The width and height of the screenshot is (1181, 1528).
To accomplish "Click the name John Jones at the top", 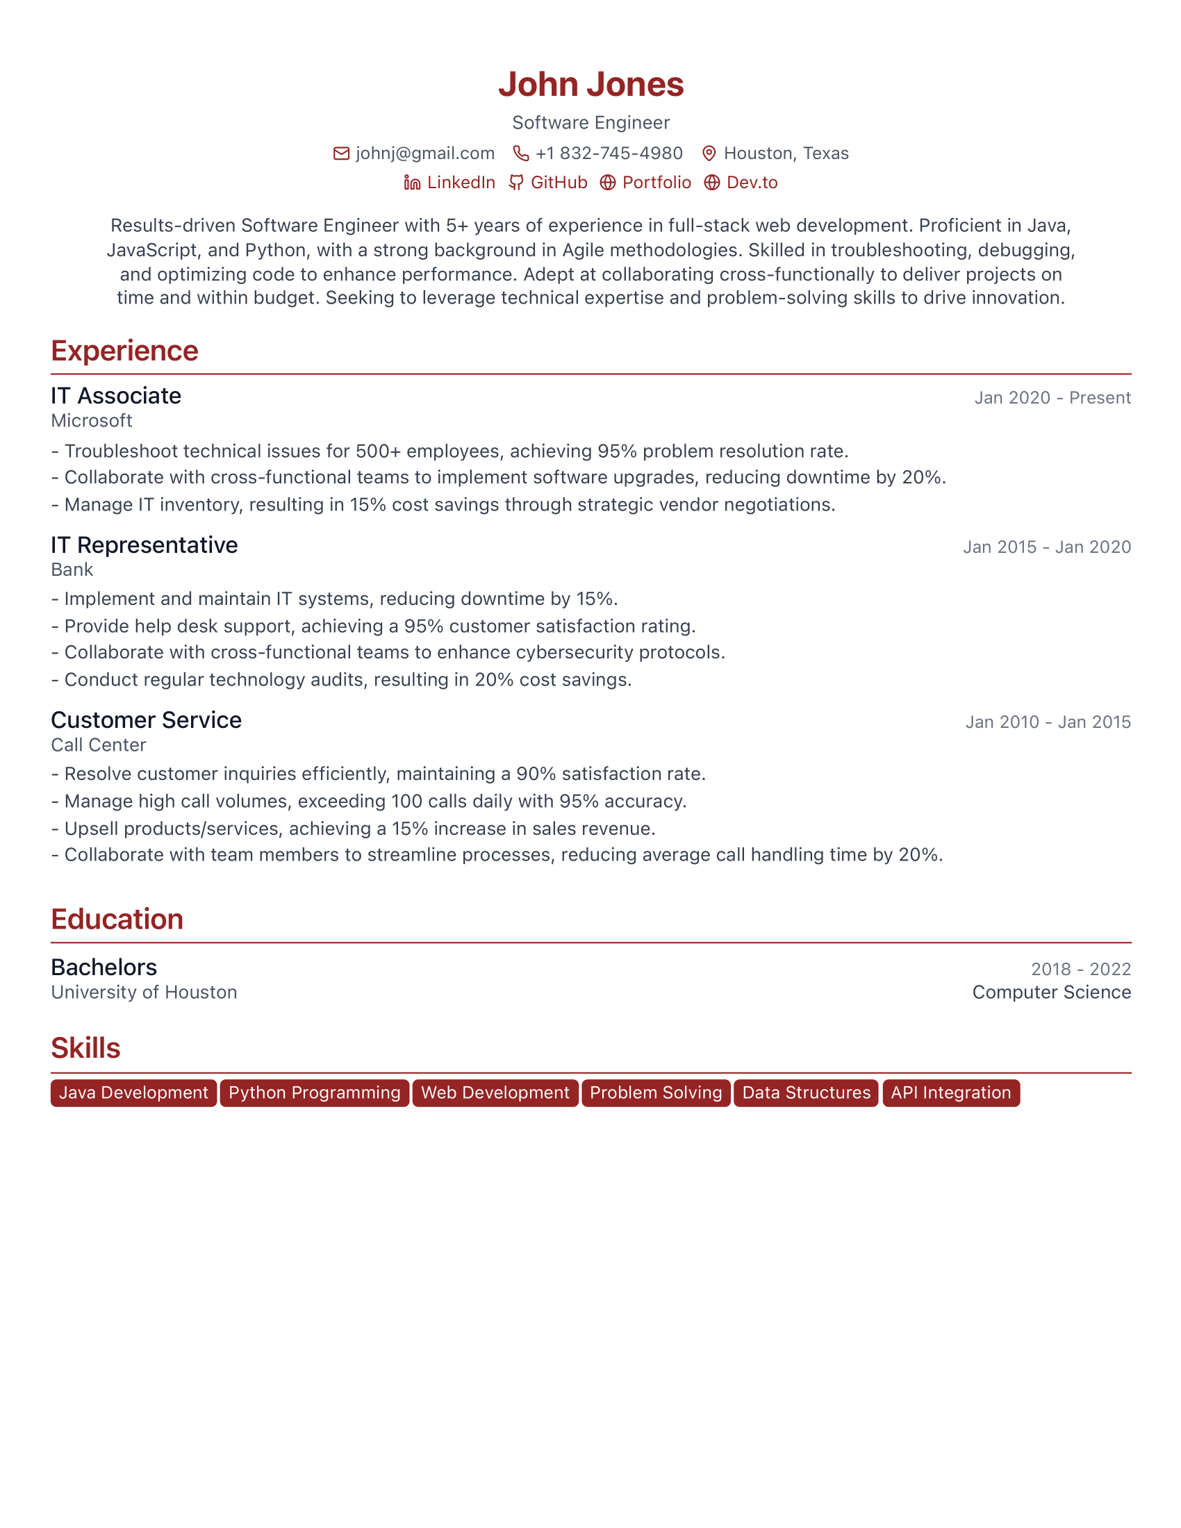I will pos(590,85).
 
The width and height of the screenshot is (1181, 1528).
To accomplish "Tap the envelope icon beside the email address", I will pos(340,153).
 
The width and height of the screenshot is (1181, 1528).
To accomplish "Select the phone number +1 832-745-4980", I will pos(609,153).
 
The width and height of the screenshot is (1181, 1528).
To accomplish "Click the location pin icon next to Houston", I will pos(709,153).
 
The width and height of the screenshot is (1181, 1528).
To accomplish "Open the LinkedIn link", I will pos(461,183).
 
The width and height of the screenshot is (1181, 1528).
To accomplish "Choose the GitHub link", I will pos(559,183).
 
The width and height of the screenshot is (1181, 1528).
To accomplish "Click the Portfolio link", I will pos(656,183).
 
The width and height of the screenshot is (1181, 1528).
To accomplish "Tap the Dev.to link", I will pos(752,183).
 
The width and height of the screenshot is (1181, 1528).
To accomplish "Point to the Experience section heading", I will pos(124,351).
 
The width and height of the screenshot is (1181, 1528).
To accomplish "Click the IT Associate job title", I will pos(116,396).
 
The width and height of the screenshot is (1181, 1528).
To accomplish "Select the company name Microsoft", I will pos(92,420).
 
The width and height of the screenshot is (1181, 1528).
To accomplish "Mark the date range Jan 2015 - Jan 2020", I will pos(1046,547).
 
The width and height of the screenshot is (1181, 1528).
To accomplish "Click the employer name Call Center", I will pos(99,745).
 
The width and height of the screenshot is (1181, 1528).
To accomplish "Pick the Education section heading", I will pos(117,920).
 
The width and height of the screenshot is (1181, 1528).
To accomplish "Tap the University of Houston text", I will pos(144,992).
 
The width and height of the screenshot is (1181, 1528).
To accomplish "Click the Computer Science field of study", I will pos(1051,992).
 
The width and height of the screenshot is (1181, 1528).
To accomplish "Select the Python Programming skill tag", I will pos(314,1093).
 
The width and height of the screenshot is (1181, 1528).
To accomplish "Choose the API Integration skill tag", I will pos(950,1093).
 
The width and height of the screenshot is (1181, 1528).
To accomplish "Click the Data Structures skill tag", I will pos(806,1093).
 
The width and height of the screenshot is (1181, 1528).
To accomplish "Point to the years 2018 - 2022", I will pos(1080,969).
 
